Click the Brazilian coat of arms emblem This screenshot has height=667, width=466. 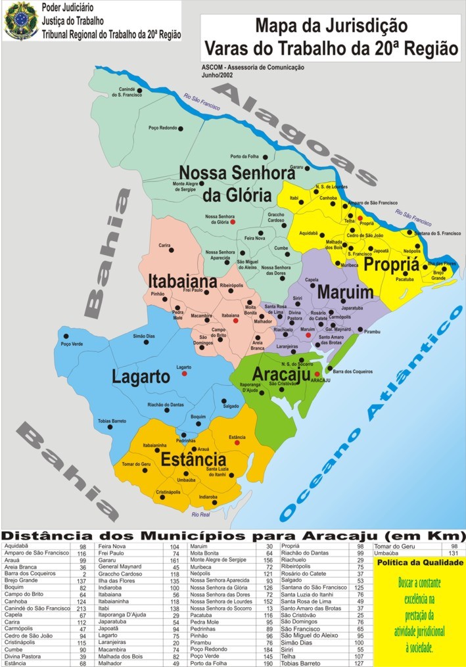pyautogui.click(x=21, y=20)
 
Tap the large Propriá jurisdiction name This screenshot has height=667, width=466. pyautogui.click(x=391, y=264)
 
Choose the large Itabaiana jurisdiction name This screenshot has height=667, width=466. pyautogui.click(x=182, y=281)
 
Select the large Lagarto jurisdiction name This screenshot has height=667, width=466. pyautogui.click(x=141, y=377)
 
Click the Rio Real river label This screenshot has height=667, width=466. pyautogui.click(x=200, y=515)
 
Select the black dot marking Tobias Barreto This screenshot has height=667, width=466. pyautogui.click(x=110, y=427)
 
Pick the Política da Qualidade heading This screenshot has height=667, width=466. pyautogui.click(x=419, y=563)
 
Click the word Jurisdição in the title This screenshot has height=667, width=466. pyautogui.click(x=368, y=26)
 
